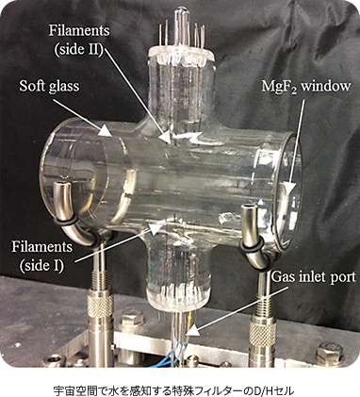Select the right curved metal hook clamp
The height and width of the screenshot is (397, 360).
(252, 231)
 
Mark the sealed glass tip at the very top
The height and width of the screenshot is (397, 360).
(176, 13)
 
